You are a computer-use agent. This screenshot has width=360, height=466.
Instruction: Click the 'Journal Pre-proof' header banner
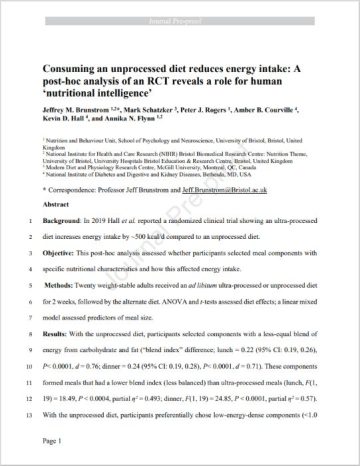coord(180,9)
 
